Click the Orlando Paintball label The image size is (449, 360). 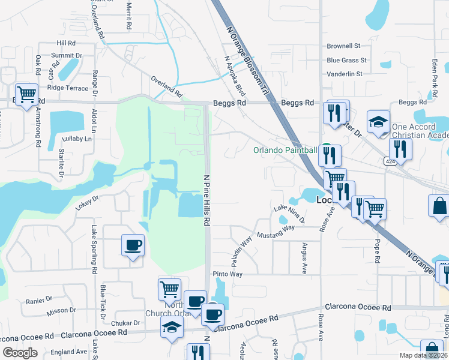[285, 150]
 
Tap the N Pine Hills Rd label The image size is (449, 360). [206, 200]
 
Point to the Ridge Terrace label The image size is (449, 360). [67, 88]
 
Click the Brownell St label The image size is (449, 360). [343, 46]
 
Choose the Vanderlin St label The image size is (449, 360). [345, 74]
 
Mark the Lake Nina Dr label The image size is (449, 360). [289, 214]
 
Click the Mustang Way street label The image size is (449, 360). [277, 231]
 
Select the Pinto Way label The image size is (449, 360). [228, 274]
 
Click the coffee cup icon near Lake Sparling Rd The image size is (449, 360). [133, 245]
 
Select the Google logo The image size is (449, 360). [20, 353]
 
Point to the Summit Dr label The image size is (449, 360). [67, 55]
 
